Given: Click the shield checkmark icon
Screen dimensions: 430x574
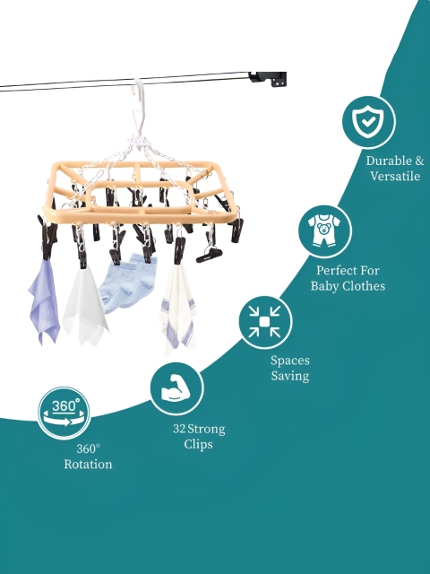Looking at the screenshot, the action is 368,122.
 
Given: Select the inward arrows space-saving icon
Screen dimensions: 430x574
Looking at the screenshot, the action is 265,322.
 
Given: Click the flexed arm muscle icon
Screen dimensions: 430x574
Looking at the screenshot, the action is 176,388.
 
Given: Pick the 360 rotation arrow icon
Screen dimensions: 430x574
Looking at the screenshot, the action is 64,413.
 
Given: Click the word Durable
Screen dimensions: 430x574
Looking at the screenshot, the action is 388,161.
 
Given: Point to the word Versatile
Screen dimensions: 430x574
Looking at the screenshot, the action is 395,176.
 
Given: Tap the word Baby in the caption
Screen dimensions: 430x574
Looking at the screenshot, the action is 324,286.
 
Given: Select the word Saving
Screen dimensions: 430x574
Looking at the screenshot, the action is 290,376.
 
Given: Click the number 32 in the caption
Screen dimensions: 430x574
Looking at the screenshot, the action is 179,429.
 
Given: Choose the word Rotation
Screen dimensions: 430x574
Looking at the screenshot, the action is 88,465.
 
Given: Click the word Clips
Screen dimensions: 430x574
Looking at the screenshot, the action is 198,444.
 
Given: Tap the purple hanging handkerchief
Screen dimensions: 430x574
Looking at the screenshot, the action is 44,302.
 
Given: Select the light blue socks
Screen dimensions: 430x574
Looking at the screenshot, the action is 128,283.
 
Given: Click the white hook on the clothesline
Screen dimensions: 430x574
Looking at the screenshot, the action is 140,106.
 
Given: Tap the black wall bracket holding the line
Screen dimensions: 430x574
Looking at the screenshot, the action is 268,79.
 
